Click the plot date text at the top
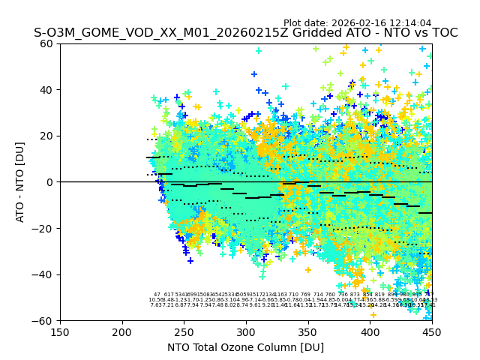(x=357, y=23)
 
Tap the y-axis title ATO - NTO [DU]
(x=21, y=182)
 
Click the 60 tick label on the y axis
(x=47, y=43)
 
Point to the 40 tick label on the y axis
(x=47, y=90)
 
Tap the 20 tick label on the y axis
(x=47, y=136)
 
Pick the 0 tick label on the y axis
(x=50, y=182)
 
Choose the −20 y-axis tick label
(x=44, y=228)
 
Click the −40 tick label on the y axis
(x=44, y=274)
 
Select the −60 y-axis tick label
(x=44, y=320)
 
